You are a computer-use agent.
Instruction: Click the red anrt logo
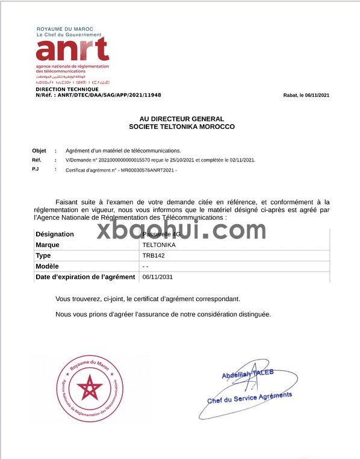pos(72,49)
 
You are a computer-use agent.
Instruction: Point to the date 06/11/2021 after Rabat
pos(317,95)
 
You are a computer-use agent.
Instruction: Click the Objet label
pos(39,151)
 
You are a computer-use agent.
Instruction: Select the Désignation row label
pos(55,234)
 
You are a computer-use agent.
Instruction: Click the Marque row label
pos(48,245)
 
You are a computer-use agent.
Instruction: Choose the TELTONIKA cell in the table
pos(159,245)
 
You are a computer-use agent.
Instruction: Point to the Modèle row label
pos(48,266)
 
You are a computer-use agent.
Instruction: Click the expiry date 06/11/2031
pos(157,277)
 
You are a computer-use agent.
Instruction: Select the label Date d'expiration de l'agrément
pos(85,277)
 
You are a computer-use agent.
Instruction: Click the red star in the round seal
pos(91,387)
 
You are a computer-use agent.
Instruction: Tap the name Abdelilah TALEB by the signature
pos(247,374)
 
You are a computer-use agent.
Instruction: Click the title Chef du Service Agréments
pos(249,398)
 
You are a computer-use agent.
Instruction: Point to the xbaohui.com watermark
pos(181,230)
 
